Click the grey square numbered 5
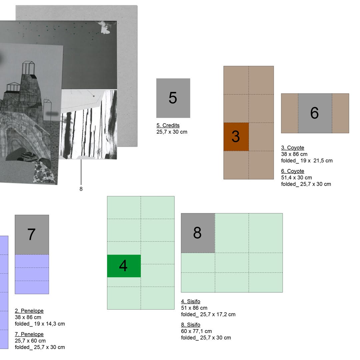pos(173,98)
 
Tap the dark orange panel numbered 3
pos(236,137)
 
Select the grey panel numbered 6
pos(315,113)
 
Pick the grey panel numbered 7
pos(32,235)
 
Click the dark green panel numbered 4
pos(124,266)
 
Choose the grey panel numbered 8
pos(198,233)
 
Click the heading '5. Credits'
pos(168,125)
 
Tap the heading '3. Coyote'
pos(293,148)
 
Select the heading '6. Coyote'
pos(293,171)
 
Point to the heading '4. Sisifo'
pos(191,301)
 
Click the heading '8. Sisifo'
pos(191,325)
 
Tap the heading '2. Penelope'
pos(29,311)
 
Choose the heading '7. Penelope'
pos(29,334)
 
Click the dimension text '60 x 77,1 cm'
pos(197,331)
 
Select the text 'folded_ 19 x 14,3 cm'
pos(40,324)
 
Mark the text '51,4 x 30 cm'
pos(297,177)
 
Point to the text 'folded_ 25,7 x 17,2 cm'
pos(208,314)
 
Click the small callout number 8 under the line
pos(81,189)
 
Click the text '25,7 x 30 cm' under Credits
pos(172,132)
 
